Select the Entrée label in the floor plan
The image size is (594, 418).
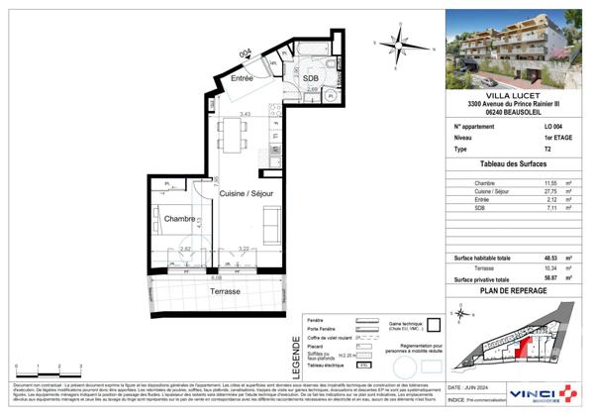244,77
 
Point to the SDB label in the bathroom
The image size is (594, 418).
311,78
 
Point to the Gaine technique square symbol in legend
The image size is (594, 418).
433,324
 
